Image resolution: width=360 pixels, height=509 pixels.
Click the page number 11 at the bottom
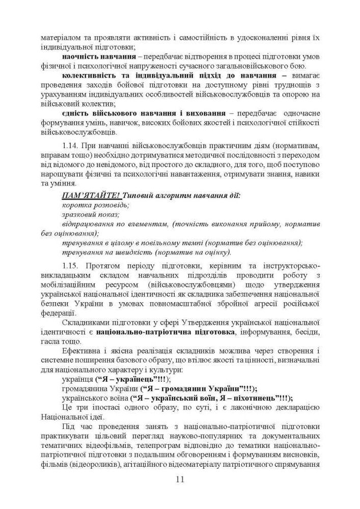180,479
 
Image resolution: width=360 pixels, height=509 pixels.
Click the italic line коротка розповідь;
95,205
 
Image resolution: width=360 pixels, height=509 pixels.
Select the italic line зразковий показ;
91,215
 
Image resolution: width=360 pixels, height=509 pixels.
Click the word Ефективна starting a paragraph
80,351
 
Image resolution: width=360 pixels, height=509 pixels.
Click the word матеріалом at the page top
60,38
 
